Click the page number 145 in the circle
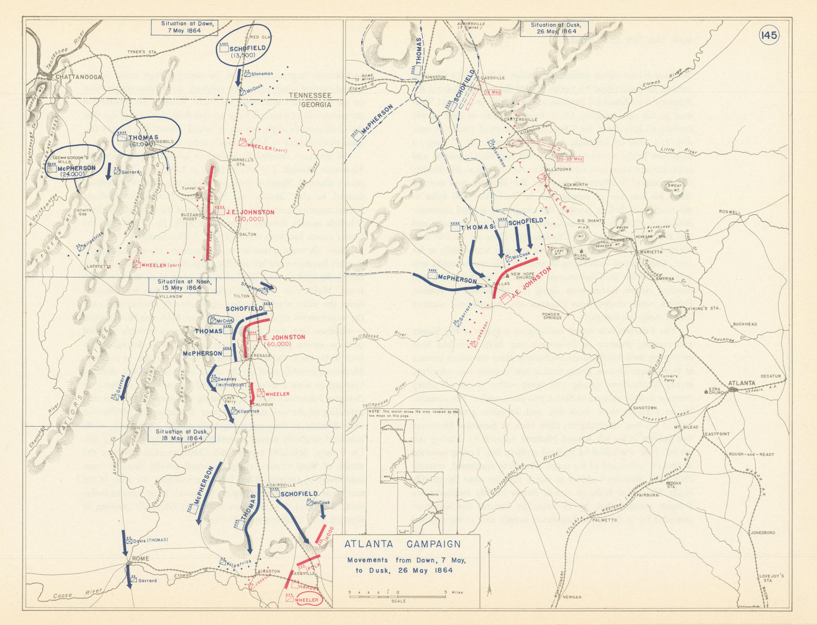[x=768, y=35]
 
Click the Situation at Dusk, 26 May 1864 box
[x=554, y=28]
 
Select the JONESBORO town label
[x=762, y=533]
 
